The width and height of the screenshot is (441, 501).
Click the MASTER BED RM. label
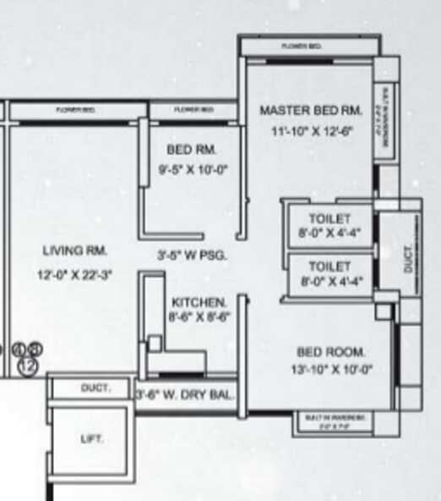pos(310,111)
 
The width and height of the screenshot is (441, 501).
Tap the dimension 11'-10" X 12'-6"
pos(310,131)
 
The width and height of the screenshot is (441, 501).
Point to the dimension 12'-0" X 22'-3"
pos(74,275)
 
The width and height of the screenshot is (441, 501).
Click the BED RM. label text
pos(193,150)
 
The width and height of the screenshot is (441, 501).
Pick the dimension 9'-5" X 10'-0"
pos(193,168)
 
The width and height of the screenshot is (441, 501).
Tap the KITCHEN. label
pos(199,302)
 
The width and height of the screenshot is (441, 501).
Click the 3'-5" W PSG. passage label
pos(192,254)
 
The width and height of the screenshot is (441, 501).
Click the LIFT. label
pos(91,438)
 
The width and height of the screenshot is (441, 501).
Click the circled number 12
pos(27,366)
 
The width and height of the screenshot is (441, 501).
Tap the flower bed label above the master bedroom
pos(301,46)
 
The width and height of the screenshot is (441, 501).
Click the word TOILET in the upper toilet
pos(329,218)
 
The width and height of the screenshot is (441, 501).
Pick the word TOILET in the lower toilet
pos(329,266)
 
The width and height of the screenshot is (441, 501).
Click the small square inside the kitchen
pos(155,343)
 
